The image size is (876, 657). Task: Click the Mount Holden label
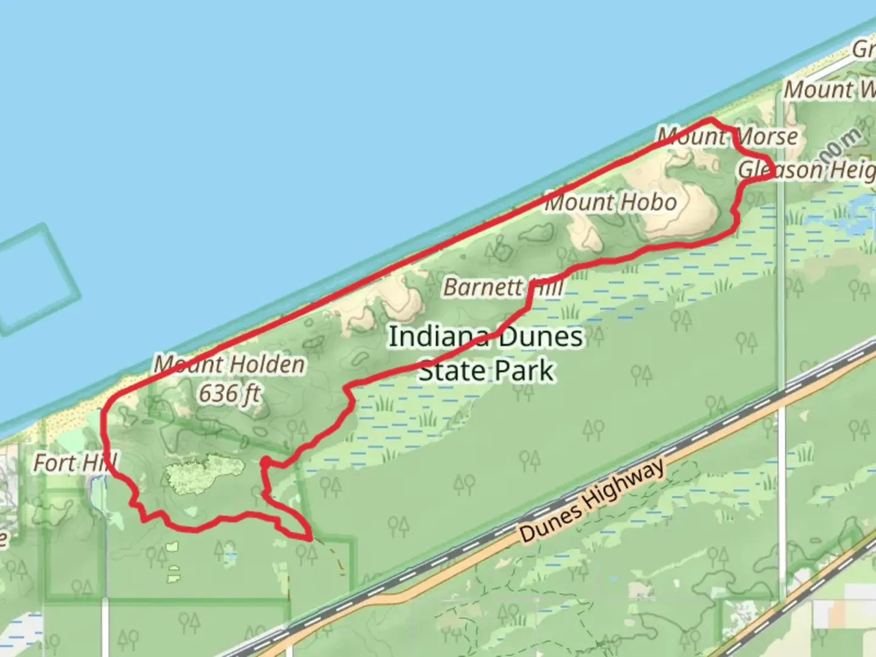click(x=229, y=364)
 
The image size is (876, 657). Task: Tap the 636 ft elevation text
click(x=229, y=394)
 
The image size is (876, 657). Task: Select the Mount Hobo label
click(x=610, y=202)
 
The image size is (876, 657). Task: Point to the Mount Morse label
click(x=728, y=136)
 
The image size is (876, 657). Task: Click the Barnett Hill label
click(x=503, y=287)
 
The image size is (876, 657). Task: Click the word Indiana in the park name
click(x=438, y=336)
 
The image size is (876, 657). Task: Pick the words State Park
click(x=487, y=370)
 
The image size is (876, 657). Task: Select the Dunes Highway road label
click(x=592, y=501)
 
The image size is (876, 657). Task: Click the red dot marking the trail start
click(x=265, y=464)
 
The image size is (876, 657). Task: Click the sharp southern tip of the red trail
click(x=310, y=538)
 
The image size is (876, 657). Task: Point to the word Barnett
click(x=483, y=287)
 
